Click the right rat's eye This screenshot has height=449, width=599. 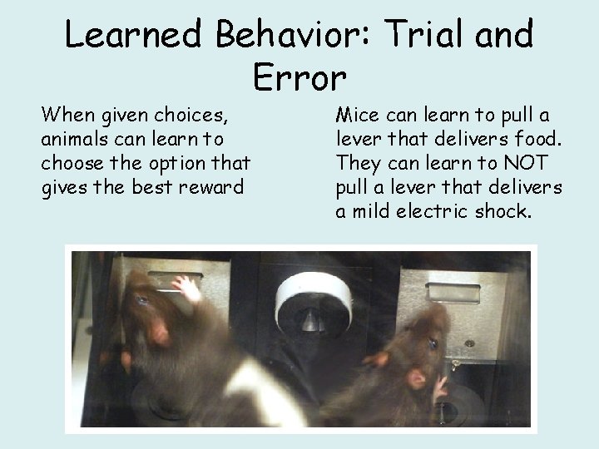coord(433,343)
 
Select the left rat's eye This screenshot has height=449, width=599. coord(142,301)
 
